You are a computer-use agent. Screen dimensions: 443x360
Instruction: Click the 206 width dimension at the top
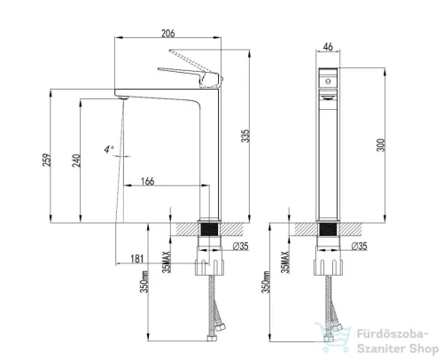(167, 33)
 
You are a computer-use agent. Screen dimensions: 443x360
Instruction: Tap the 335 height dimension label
(245, 136)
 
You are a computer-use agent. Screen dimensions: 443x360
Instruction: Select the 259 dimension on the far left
(47, 160)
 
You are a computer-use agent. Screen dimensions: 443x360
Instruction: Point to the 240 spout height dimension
(76, 160)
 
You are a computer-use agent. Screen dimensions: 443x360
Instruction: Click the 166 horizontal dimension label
(148, 181)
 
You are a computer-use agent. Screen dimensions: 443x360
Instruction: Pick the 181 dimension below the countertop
(137, 259)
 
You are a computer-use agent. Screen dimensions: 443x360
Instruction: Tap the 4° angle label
(108, 149)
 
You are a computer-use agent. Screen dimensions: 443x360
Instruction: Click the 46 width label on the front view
(328, 47)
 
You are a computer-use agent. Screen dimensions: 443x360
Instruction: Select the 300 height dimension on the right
(381, 145)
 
